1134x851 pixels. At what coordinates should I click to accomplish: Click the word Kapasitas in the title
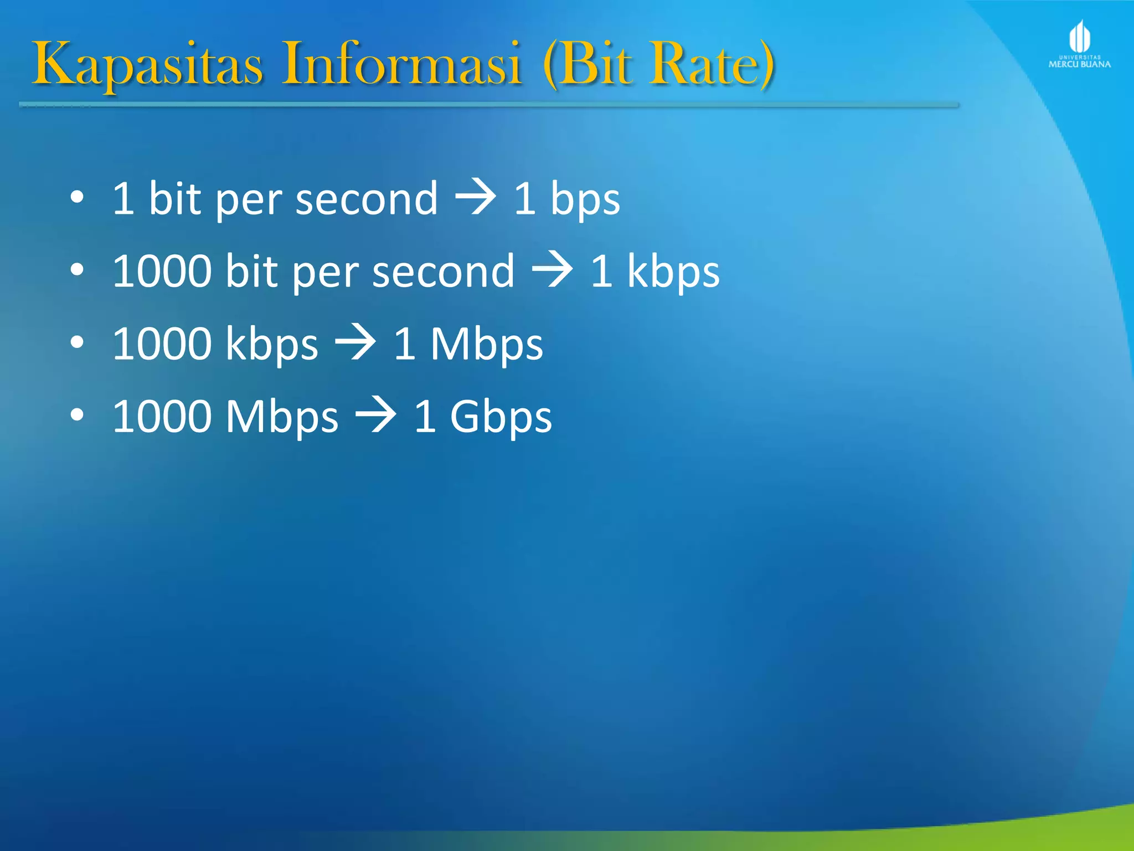pyautogui.click(x=147, y=65)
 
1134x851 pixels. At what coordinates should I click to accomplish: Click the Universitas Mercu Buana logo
pyautogui.click(x=1079, y=44)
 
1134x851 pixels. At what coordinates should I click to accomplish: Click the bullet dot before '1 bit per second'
pyautogui.click(x=78, y=197)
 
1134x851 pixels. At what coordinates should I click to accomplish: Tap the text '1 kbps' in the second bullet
pyautogui.click(x=655, y=271)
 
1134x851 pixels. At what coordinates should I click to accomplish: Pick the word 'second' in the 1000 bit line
pyautogui.click(x=443, y=271)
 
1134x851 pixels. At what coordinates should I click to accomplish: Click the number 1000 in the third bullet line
pyautogui.click(x=162, y=344)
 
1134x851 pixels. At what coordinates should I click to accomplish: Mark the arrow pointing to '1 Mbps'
pyautogui.click(x=355, y=343)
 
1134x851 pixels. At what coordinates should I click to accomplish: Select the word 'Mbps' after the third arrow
pyautogui.click(x=487, y=345)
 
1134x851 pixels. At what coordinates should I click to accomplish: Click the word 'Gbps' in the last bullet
pyautogui.click(x=501, y=417)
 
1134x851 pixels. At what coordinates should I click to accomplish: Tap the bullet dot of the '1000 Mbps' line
pyautogui.click(x=78, y=415)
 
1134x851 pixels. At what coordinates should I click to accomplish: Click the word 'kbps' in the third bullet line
pyautogui.click(x=272, y=345)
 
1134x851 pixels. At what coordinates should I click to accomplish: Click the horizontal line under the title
pyautogui.click(x=487, y=104)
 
